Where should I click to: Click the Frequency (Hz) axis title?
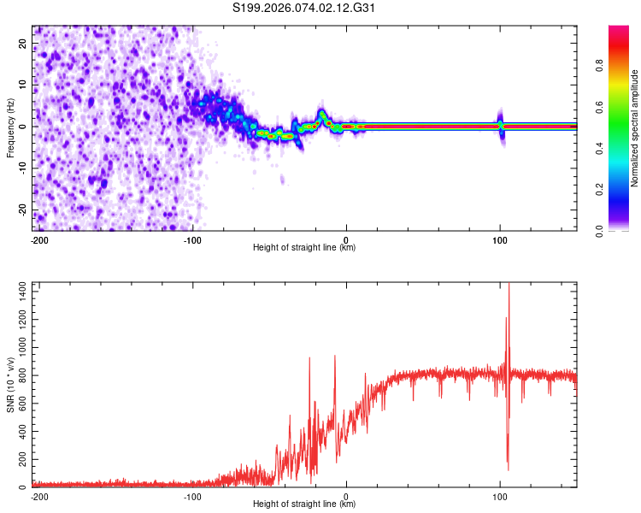(x=11, y=127)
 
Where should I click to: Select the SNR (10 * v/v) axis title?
(x=11, y=384)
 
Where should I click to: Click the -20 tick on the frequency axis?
(x=23, y=209)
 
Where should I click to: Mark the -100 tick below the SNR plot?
(x=193, y=496)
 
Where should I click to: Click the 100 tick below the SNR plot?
(x=500, y=496)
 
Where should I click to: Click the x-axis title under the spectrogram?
(x=304, y=248)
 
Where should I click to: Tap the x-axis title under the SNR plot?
(x=304, y=504)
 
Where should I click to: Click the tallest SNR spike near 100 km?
(x=509, y=287)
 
